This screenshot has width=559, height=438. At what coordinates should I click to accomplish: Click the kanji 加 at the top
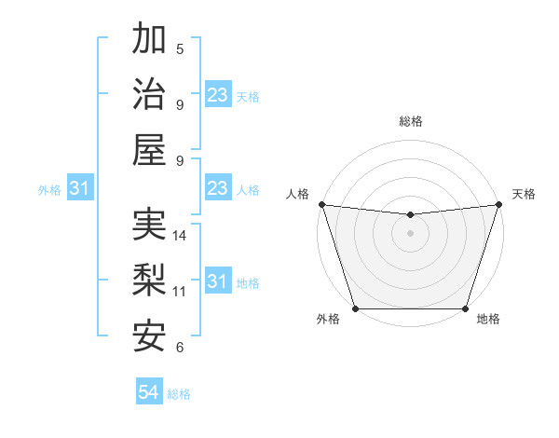pos(149,39)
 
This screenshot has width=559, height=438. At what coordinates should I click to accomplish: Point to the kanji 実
pos(149,226)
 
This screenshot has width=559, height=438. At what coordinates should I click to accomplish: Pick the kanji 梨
pos(149,281)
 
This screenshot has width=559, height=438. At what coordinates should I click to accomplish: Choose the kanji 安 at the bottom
pos(149,335)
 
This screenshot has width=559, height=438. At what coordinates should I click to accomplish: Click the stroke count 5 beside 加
pos(180,48)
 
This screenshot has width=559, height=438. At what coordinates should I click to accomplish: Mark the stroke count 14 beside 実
pos(180,236)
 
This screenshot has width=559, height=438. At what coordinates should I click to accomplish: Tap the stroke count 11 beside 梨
pos(180,291)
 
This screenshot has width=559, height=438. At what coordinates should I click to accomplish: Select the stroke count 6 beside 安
pos(180,347)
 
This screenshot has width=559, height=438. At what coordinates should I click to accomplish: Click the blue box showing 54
pos(149,393)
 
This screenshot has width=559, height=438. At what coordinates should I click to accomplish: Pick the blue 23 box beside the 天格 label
pos(217,96)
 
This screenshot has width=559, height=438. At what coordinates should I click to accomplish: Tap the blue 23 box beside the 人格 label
pos(217,189)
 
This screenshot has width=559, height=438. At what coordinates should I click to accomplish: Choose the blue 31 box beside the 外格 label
pos(80,189)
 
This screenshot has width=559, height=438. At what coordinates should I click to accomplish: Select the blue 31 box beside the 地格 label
pos(217,282)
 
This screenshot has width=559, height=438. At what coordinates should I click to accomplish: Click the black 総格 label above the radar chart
pos(410,121)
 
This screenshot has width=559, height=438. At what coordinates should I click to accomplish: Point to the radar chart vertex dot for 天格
pos(498,204)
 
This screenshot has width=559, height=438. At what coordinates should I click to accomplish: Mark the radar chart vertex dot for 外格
pos(355,308)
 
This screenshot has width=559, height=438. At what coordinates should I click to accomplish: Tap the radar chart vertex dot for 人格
pos(321,204)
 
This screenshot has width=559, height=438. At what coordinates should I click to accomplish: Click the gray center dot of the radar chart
pos(410,233)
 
